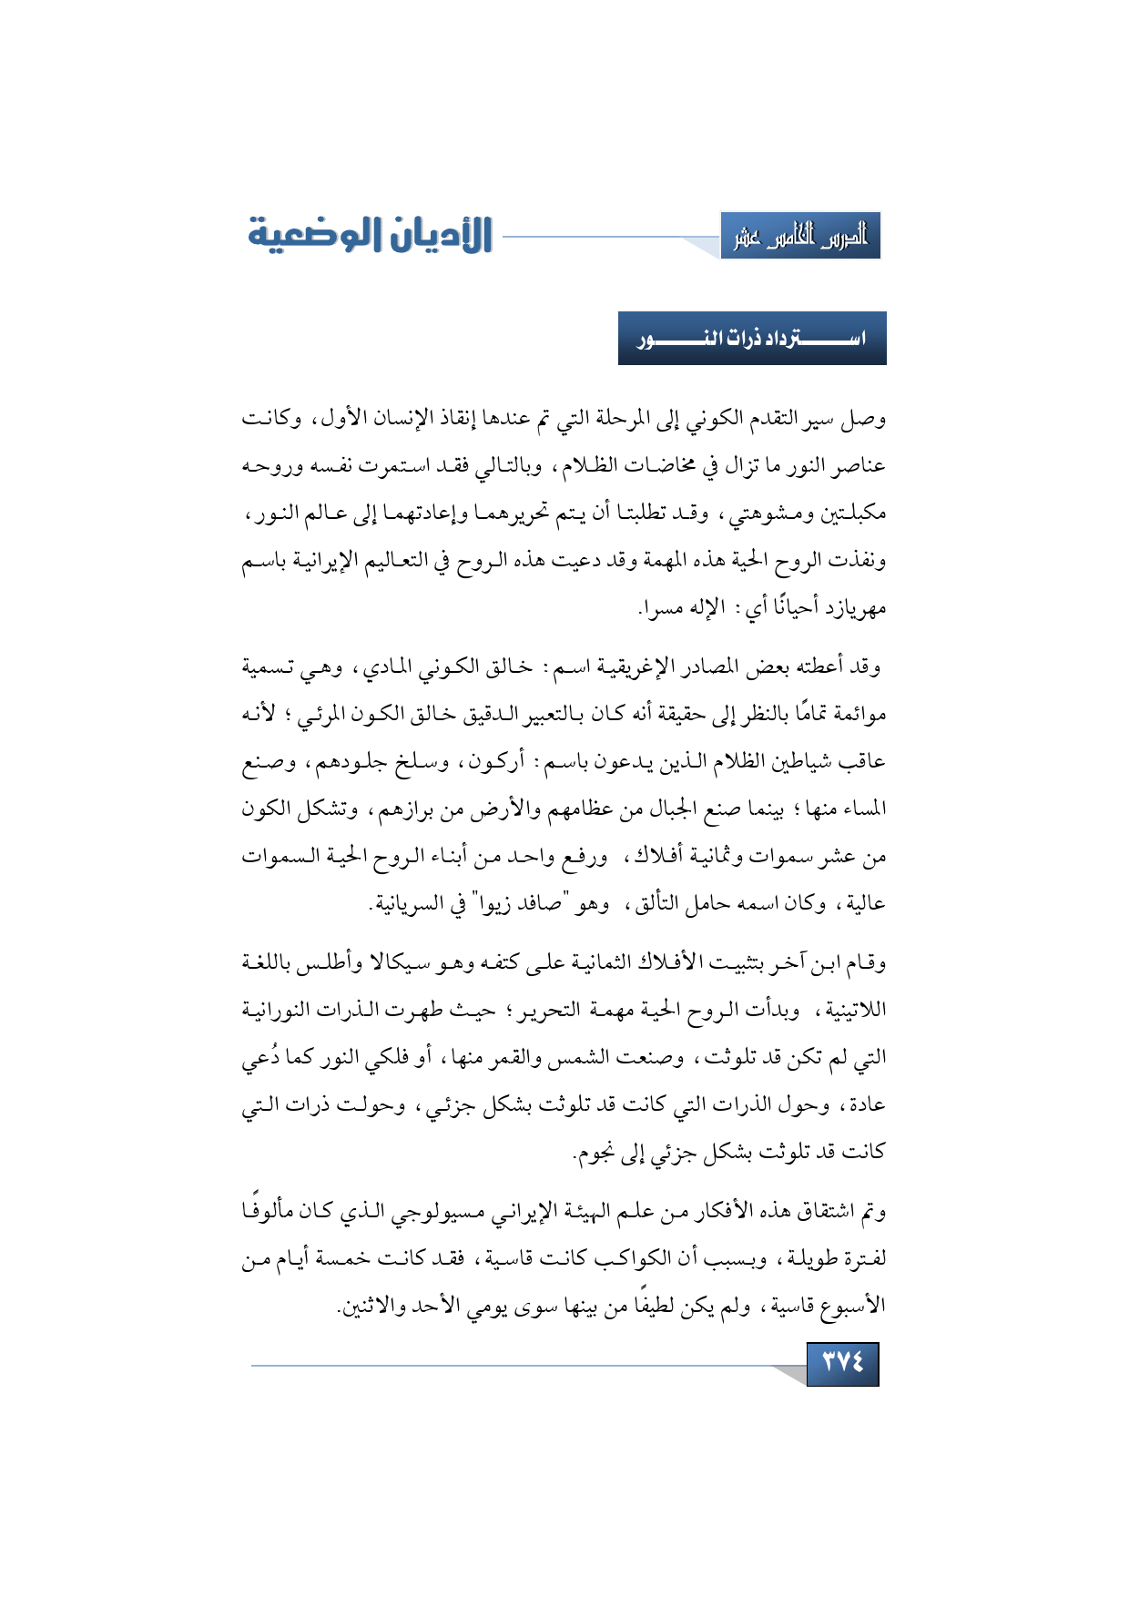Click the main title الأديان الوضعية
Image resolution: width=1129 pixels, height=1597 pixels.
click(370, 235)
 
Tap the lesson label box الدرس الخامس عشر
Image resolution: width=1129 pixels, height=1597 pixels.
click(800, 237)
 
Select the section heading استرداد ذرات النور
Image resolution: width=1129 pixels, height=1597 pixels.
click(752, 339)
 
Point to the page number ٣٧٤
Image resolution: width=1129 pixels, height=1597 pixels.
click(842, 1363)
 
